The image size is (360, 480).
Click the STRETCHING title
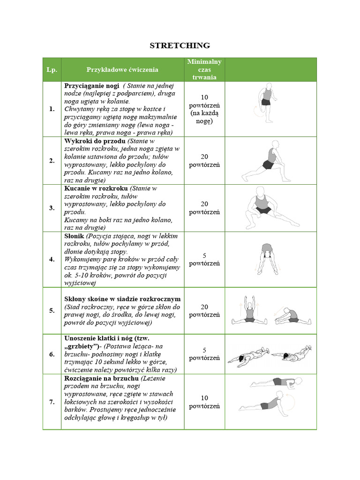pos(180,45)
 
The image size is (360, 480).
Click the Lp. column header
pos(52,70)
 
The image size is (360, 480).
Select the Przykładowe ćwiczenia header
pos(122,70)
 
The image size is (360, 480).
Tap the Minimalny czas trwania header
pos(204,70)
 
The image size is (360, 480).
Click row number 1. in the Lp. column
pos(52,109)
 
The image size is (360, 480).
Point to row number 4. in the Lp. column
pos(52,259)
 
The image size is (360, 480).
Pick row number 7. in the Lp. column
pos(52,402)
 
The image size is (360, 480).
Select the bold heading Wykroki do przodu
pos(95,141)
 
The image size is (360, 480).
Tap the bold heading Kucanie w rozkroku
pos(96,188)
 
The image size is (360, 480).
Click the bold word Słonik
pos(74,236)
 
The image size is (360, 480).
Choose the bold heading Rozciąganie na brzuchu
pos(101,378)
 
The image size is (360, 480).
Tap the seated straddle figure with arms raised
pos(248,310)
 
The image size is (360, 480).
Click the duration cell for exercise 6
pos(204,354)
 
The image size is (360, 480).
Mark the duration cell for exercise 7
pos(204,402)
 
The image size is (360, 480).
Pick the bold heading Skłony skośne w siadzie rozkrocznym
pos(122,299)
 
